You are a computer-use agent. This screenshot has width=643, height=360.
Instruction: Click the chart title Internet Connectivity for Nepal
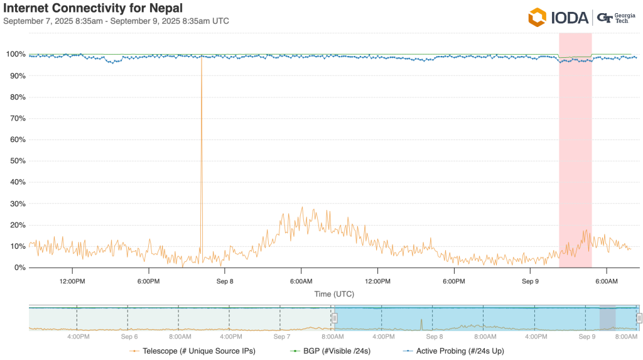(x=93, y=8)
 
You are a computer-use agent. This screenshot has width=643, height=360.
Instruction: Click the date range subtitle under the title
(x=116, y=21)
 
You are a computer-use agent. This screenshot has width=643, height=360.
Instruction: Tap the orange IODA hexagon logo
(x=537, y=17)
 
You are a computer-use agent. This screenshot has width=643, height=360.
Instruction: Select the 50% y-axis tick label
(x=18, y=161)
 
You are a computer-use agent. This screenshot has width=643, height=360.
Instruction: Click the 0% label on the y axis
(x=19, y=268)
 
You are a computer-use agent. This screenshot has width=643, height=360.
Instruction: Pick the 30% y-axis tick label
(x=18, y=204)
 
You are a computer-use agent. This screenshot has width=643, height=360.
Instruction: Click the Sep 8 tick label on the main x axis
(x=224, y=281)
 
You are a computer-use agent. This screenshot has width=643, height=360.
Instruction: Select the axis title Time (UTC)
(x=332, y=293)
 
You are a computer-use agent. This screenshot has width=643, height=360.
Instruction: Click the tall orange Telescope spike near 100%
(x=202, y=126)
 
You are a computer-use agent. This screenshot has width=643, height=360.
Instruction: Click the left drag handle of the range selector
(x=335, y=318)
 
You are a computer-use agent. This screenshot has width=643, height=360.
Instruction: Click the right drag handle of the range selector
(x=639, y=318)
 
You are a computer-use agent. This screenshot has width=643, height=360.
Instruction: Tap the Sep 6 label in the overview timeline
(x=129, y=337)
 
